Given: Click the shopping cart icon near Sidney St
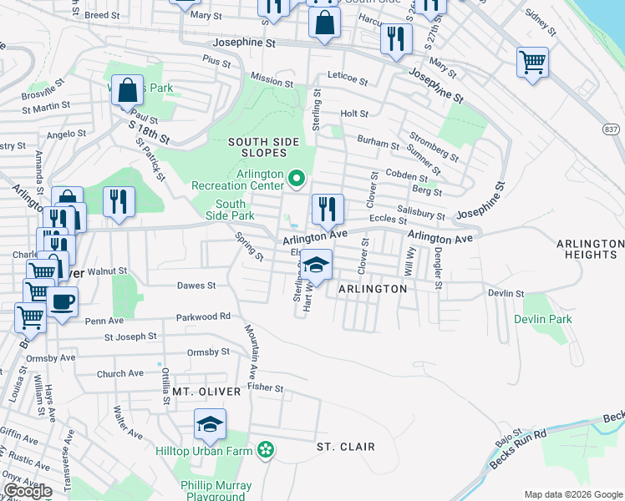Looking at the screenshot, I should [532, 62].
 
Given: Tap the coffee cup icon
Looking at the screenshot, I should [63, 302].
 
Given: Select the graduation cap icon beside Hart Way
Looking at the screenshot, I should [316, 266].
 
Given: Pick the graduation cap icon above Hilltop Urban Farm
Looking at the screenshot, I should [211, 425].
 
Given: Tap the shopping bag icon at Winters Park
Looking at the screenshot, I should [127, 91].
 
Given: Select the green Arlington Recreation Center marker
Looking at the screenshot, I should [296, 179].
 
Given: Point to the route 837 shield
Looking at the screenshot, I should [612, 129].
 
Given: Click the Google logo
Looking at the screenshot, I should [28, 491].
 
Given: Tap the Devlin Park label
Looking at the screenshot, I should [542, 320].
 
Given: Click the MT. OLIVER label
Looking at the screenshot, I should [206, 392].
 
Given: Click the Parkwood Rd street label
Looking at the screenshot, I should [202, 317].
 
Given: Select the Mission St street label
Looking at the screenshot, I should [267, 80].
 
